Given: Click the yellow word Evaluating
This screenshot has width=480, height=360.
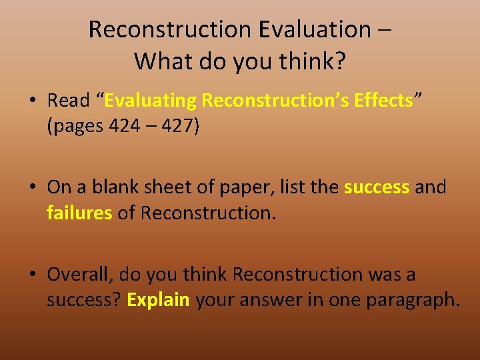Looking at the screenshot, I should click(151, 101).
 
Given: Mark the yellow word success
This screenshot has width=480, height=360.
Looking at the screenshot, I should click(377, 187).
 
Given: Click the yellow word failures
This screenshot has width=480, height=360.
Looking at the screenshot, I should click(79, 213).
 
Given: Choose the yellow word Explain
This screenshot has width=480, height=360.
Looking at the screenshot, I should click(159, 300).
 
